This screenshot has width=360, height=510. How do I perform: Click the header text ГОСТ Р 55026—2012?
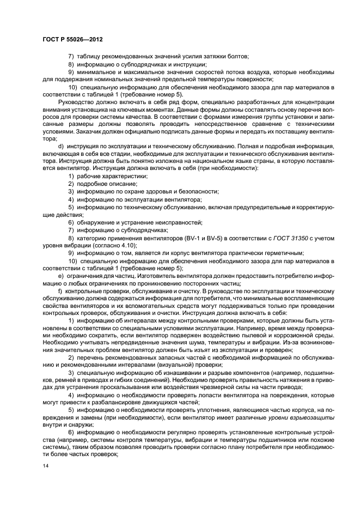(72, 39)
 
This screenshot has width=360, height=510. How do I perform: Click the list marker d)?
(60, 147)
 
